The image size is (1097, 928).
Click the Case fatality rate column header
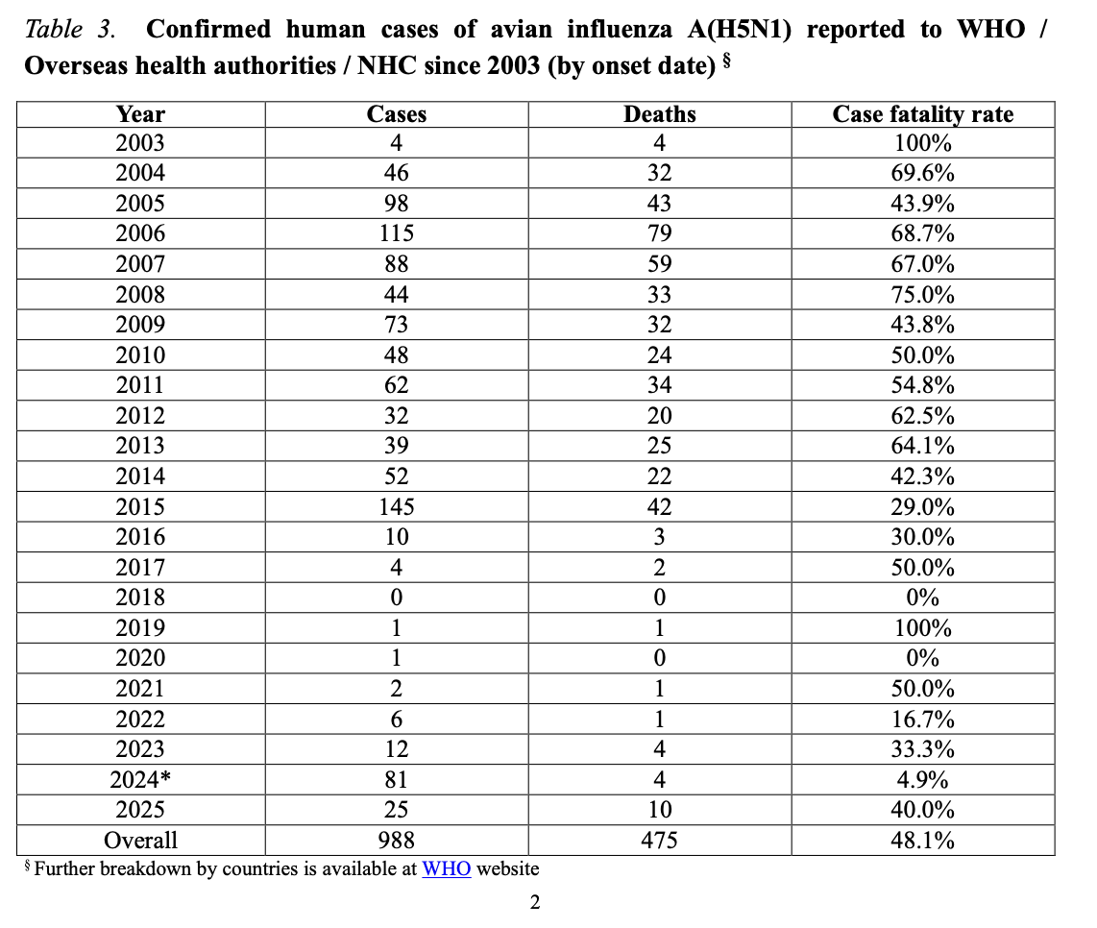(x=922, y=114)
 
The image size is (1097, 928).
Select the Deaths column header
(x=659, y=114)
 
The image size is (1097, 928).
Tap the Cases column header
(x=396, y=114)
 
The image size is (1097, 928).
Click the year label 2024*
(x=140, y=779)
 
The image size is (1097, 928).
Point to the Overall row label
(x=140, y=840)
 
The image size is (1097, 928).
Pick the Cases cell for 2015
(x=396, y=506)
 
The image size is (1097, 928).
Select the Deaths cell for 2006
(x=659, y=233)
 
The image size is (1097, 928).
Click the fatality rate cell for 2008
(x=922, y=294)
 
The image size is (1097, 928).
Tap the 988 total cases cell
(x=396, y=840)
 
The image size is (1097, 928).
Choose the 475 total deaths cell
(x=659, y=840)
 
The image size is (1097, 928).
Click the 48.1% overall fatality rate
(x=922, y=840)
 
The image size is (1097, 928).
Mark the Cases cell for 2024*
(x=396, y=779)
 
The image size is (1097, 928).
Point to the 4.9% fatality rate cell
(x=922, y=779)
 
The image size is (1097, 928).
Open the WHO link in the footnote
(x=447, y=868)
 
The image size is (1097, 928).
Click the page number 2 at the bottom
(x=535, y=902)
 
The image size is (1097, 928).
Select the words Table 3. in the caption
(x=70, y=30)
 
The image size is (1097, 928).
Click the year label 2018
(x=140, y=597)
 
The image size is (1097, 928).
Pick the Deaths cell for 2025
(x=659, y=809)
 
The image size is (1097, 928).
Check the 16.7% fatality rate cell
(x=922, y=719)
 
